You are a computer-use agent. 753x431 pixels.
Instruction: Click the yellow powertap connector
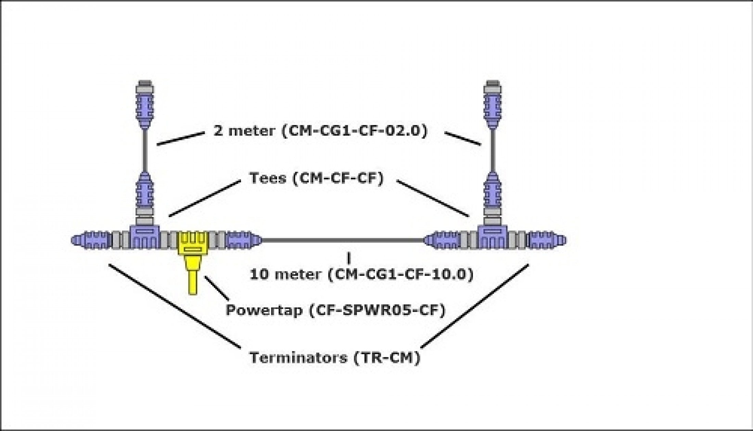[x=193, y=244]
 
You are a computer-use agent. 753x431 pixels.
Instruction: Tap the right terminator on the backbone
[x=547, y=240]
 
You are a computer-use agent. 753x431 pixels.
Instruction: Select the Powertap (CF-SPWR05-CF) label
[x=335, y=310]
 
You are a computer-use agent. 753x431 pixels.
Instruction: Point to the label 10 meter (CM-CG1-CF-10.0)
[x=361, y=275]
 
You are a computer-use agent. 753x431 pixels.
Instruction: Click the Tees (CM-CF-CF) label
[x=317, y=178]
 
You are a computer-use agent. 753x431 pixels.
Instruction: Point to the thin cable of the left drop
[x=145, y=151]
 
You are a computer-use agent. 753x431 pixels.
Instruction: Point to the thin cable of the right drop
[x=493, y=151]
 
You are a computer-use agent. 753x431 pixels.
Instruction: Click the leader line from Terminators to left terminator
[x=175, y=306]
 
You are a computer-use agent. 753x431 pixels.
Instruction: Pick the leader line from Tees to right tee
[x=433, y=199]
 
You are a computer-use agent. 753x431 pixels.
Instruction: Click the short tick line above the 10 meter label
[x=349, y=258]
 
